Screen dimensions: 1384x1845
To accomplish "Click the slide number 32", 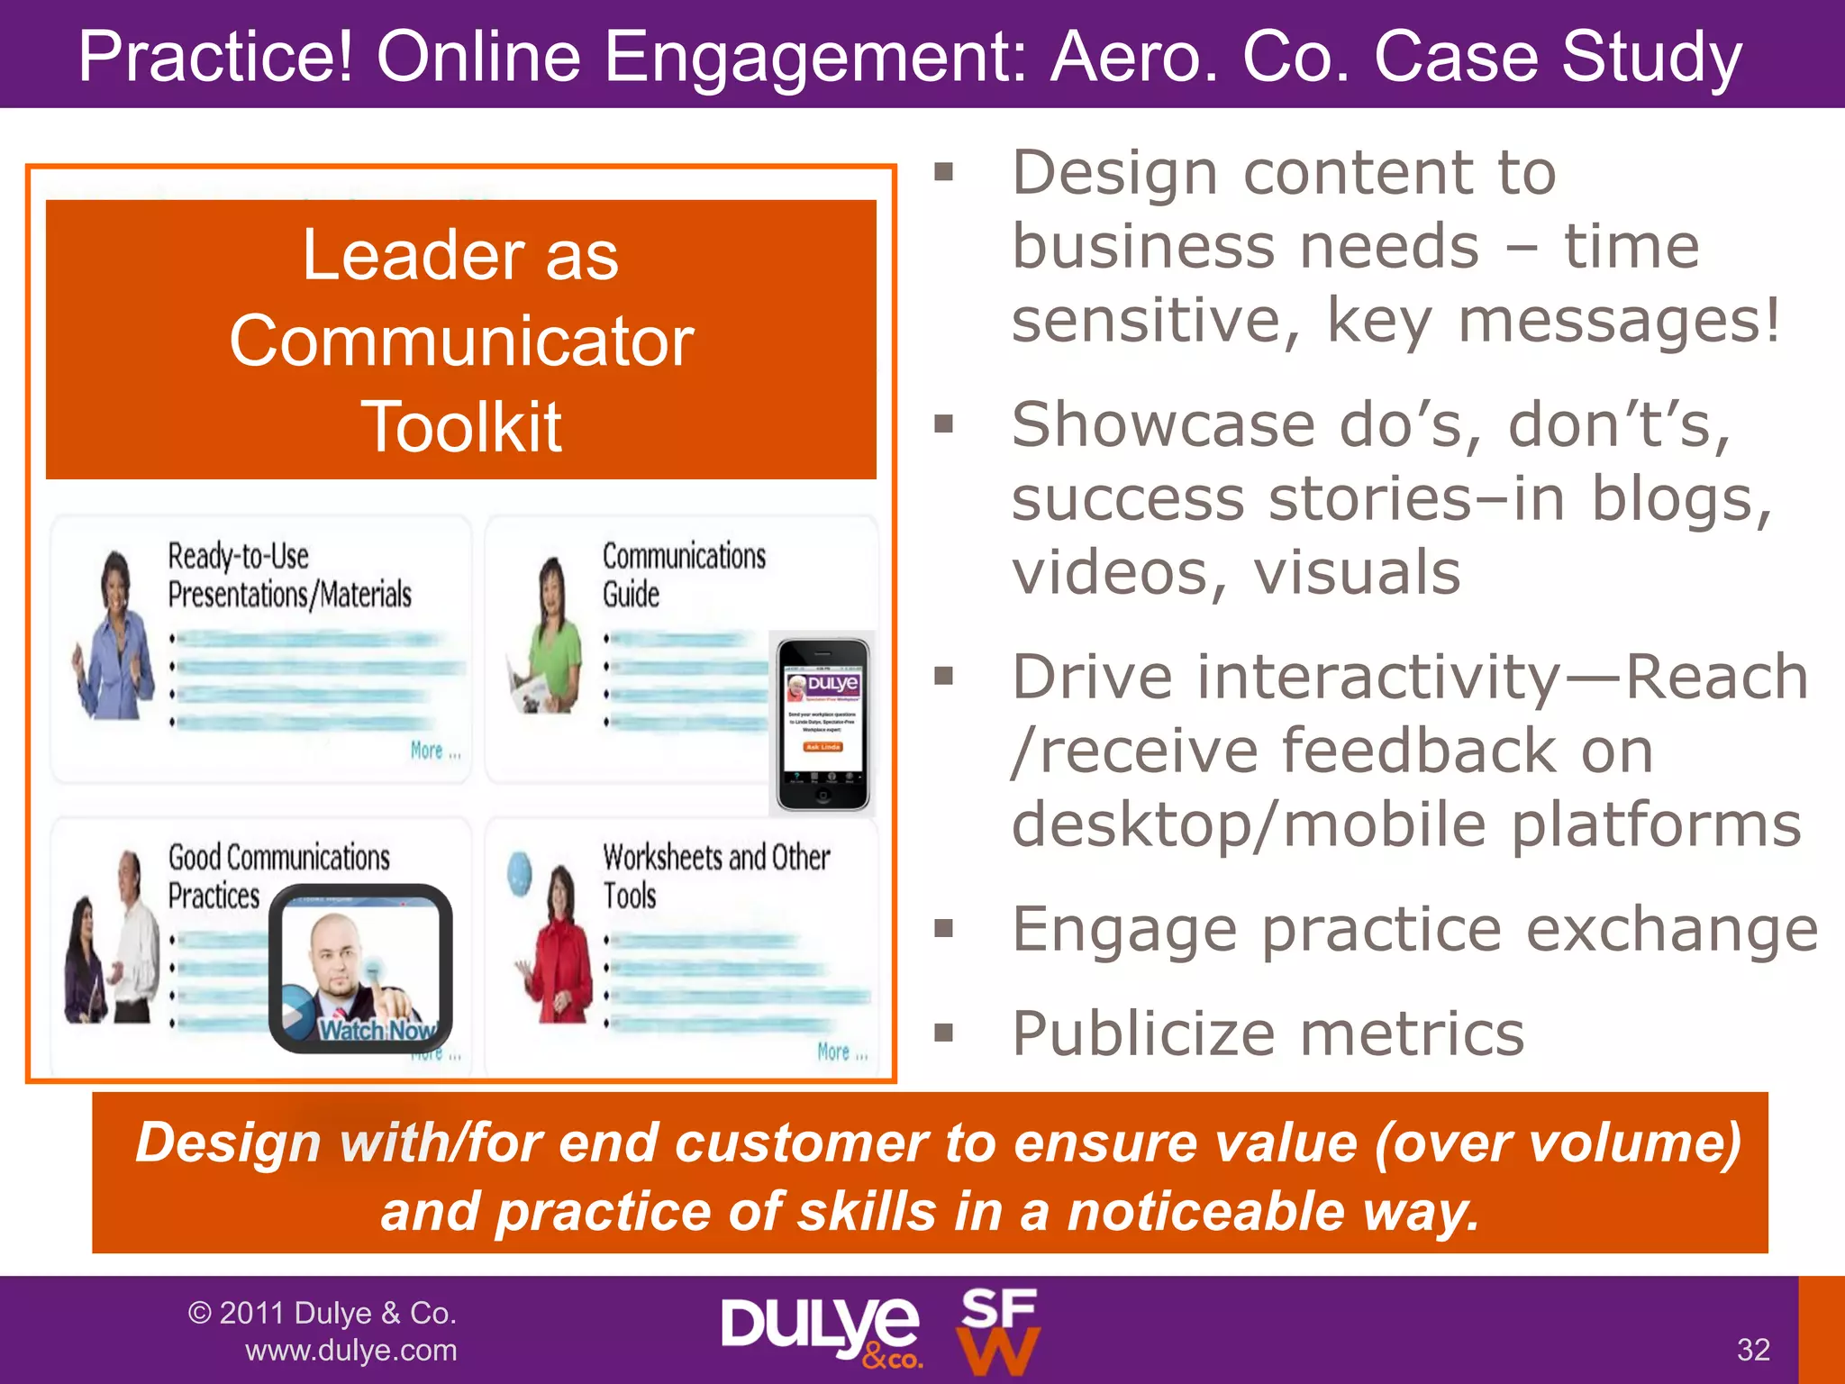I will tap(1753, 1350).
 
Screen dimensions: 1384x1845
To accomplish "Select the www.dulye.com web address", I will tap(351, 1351).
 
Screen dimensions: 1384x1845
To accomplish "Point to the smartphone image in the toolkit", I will tap(823, 724).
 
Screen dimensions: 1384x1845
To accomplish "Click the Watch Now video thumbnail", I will tap(361, 969).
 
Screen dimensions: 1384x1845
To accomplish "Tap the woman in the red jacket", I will tap(560, 946).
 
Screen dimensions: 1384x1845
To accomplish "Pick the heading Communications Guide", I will tap(683, 575).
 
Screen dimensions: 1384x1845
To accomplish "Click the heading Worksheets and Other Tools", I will tap(715, 876).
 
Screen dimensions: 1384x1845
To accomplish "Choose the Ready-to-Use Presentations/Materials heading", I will tap(288, 575).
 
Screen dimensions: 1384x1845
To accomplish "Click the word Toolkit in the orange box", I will tap(461, 427).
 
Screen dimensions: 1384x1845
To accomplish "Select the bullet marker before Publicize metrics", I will tap(943, 1033).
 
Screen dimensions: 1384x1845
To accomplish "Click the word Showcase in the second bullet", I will tap(1162, 424).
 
